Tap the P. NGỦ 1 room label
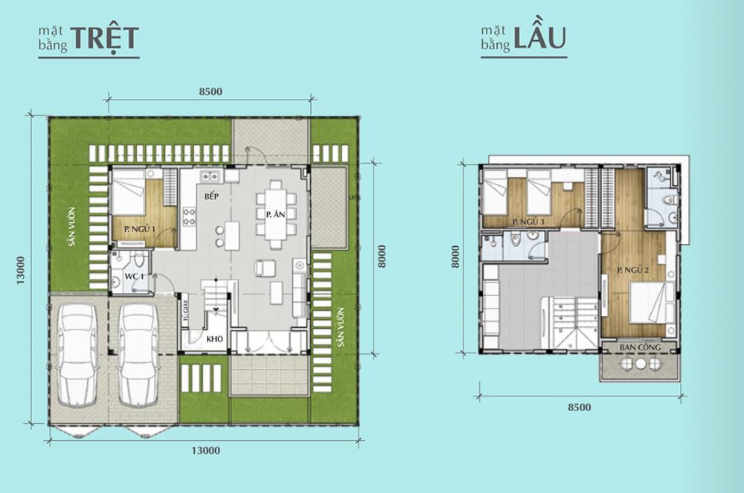tap(140, 229)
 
